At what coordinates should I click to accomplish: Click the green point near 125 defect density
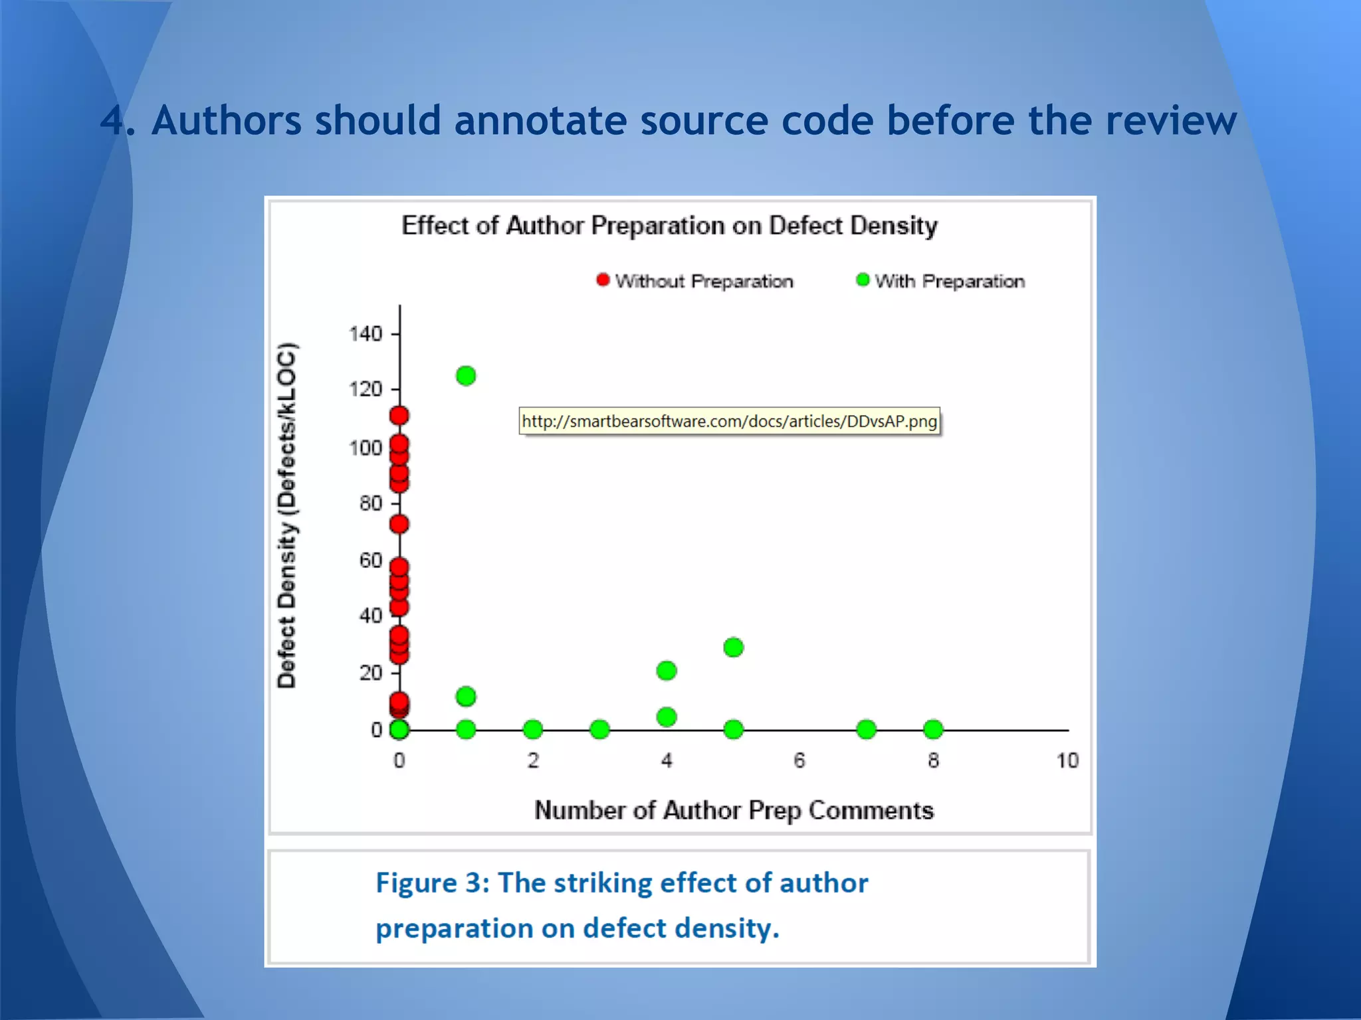point(466,376)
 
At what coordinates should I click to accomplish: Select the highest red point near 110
point(399,416)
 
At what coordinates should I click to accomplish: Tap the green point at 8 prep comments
point(933,729)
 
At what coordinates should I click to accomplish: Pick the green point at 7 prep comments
point(866,729)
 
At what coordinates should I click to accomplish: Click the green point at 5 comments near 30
point(733,647)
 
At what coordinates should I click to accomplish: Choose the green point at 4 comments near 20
point(667,671)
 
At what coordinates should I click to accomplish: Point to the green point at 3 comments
point(599,729)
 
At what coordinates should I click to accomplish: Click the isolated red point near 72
point(399,524)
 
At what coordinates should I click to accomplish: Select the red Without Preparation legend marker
point(603,280)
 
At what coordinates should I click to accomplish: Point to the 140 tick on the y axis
point(395,333)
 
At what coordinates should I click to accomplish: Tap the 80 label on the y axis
point(371,503)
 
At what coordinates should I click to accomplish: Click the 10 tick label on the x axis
point(1067,760)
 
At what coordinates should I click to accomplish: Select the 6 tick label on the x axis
point(799,760)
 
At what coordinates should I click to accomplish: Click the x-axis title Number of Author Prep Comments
point(734,810)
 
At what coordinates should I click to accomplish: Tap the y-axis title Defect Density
point(286,515)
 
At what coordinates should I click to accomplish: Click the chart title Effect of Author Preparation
point(669,226)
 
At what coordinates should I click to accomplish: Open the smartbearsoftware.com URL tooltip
point(729,421)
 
